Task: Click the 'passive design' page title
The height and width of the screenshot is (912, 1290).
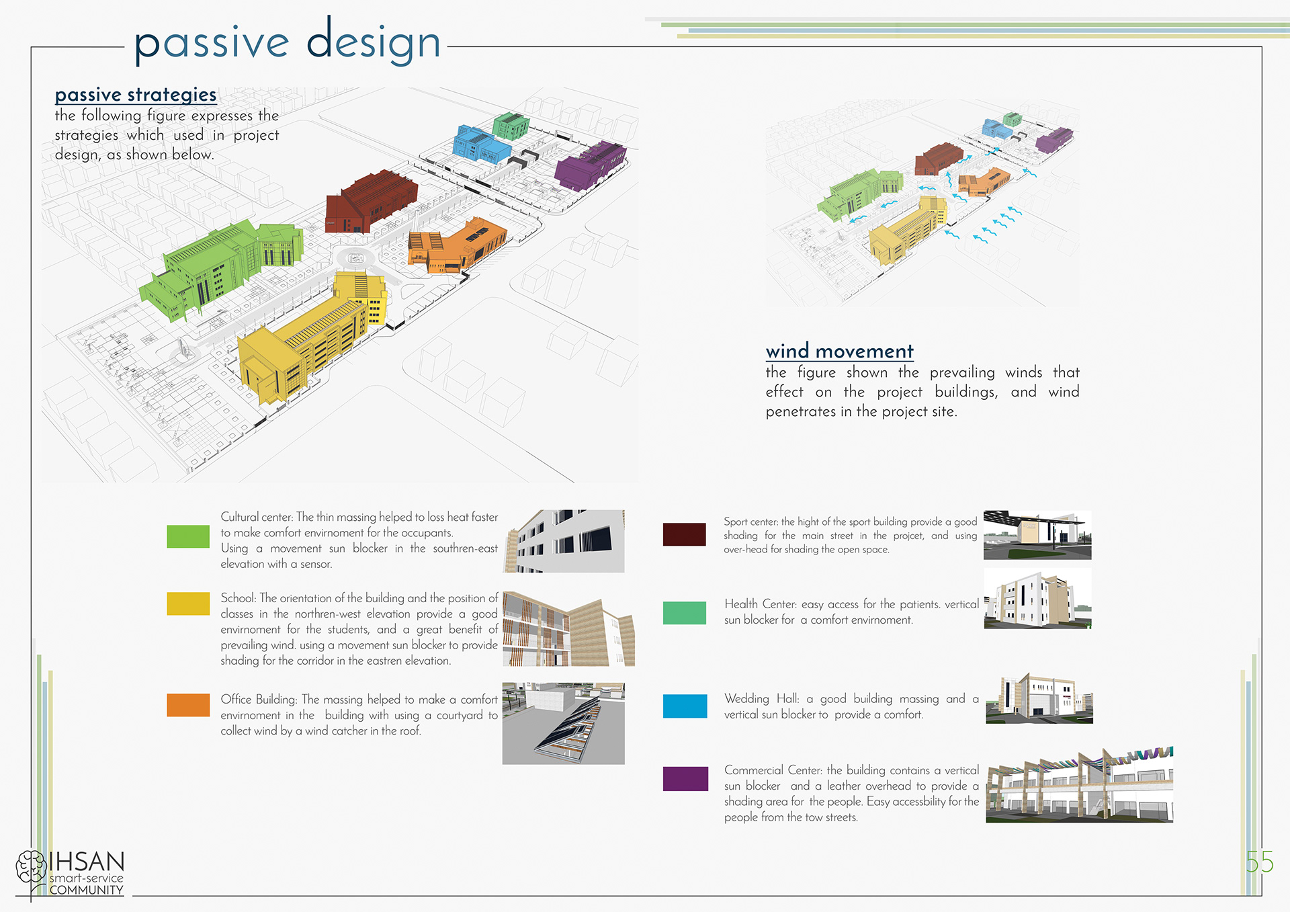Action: (288, 42)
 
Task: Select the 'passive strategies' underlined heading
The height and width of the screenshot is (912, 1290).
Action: (136, 95)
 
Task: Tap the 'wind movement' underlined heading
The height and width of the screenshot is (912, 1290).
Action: (839, 351)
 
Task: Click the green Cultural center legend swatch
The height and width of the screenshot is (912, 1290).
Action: (188, 536)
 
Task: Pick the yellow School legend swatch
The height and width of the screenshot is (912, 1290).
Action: (188, 604)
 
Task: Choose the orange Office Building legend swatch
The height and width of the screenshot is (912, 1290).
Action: (188, 705)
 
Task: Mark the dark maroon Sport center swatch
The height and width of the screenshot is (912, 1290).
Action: (684, 534)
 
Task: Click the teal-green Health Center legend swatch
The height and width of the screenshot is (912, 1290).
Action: (684, 613)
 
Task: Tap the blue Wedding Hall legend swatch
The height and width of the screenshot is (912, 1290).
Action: (685, 706)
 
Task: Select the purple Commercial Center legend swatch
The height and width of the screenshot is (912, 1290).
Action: (685, 778)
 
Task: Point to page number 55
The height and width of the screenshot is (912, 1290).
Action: (1259, 862)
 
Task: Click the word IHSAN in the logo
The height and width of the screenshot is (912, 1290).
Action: (87, 862)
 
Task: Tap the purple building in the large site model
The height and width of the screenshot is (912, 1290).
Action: (590, 165)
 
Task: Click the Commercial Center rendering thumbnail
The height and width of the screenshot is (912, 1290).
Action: (1079, 785)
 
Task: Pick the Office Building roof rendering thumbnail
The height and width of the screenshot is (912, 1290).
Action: (563, 723)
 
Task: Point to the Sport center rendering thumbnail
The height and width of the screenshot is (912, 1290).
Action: (1037, 535)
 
